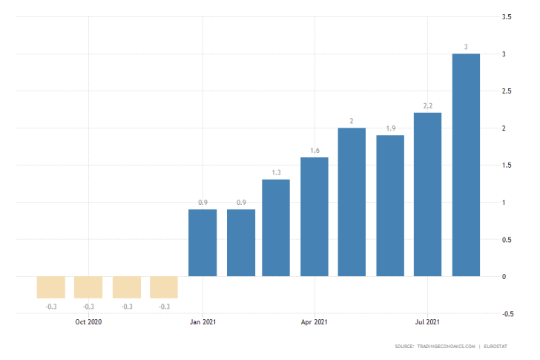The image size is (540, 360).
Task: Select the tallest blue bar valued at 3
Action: (466, 165)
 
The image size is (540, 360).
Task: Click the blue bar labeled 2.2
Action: (428, 194)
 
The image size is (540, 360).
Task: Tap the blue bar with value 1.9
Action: (390, 206)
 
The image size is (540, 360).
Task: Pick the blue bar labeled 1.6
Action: (315, 217)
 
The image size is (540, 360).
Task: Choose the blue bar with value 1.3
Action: (276, 228)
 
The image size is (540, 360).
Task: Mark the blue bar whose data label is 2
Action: (352, 202)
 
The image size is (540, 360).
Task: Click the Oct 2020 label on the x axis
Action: (88, 322)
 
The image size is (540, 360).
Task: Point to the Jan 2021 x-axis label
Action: (202, 322)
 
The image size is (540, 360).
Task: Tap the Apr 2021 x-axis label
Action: (315, 322)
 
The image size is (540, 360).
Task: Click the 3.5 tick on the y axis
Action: (507, 17)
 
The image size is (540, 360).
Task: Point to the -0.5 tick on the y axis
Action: (507, 314)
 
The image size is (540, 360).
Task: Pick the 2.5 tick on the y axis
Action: (507, 91)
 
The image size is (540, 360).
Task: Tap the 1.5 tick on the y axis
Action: (507, 166)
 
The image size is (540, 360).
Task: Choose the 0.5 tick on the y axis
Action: (507, 240)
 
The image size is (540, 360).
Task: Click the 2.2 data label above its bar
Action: (428, 106)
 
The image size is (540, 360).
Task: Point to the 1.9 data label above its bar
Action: (390, 128)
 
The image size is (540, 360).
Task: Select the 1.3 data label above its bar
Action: (276, 173)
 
